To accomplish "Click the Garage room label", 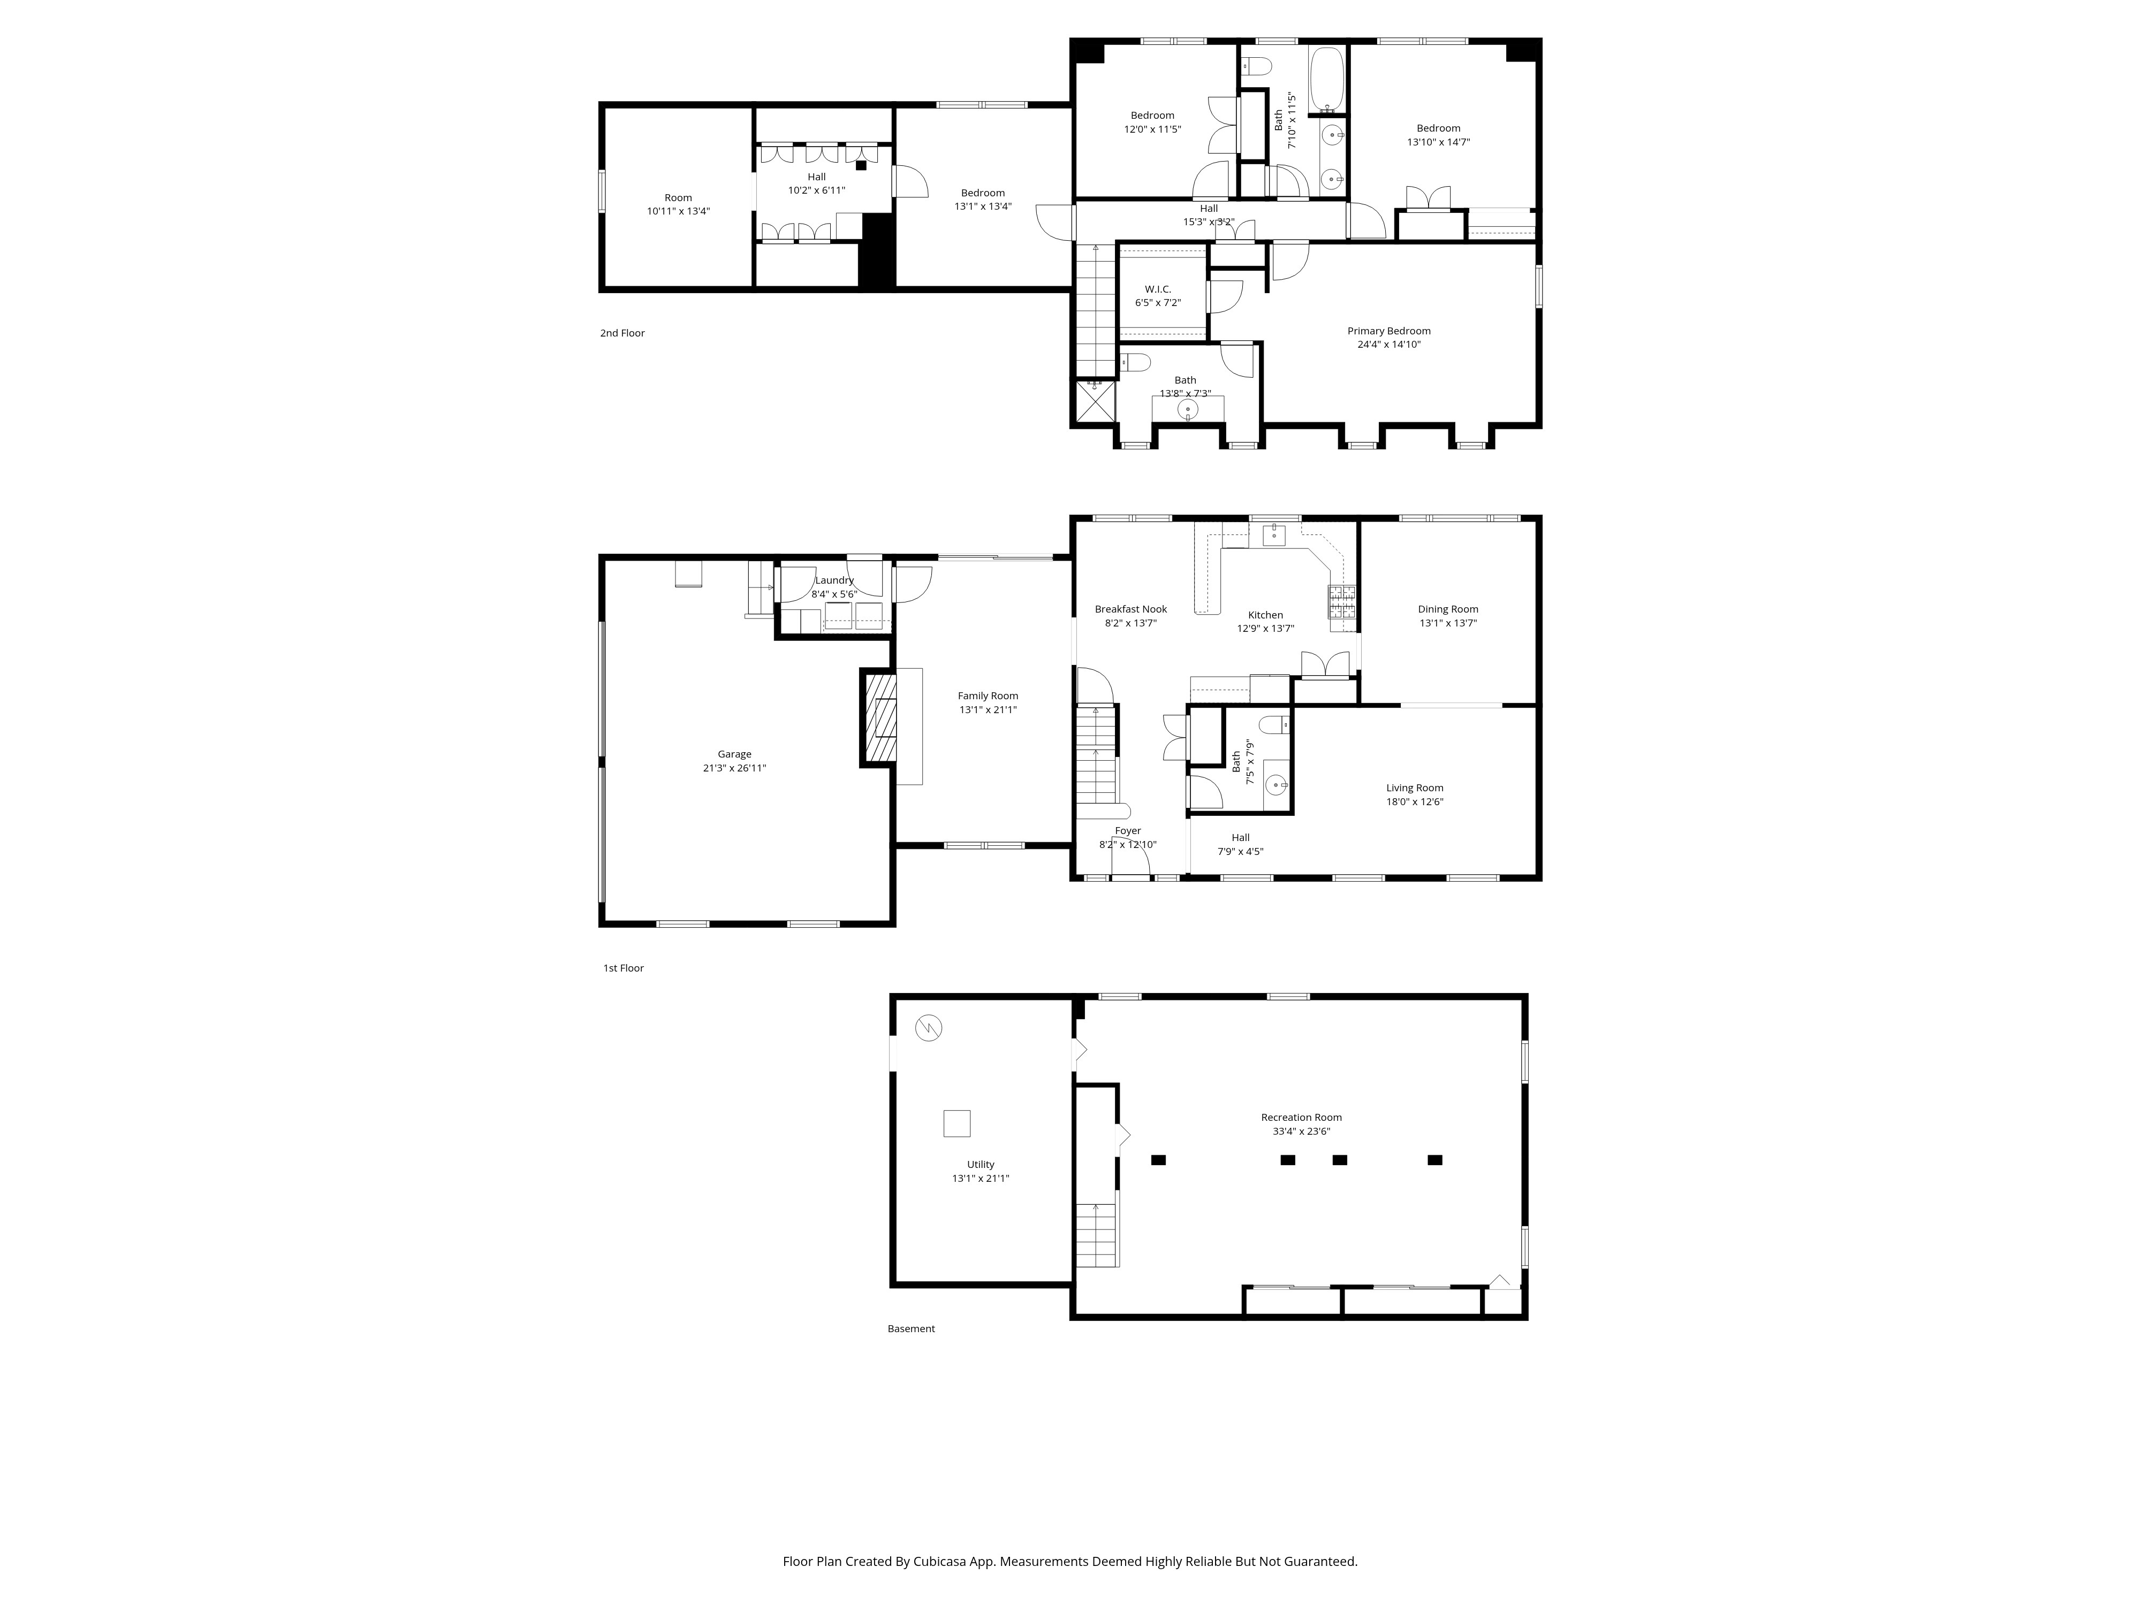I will pyautogui.click(x=734, y=754).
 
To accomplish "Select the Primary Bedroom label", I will pyautogui.click(x=1388, y=331).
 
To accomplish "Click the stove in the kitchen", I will pyautogui.click(x=1341, y=602).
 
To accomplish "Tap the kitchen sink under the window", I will pyautogui.click(x=1274, y=533).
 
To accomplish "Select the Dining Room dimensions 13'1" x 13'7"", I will pyautogui.click(x=1447, y=623).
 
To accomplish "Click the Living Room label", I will pyautogui.click(x=1414, y=788).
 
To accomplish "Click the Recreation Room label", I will pyautogui.click(x=1301, y=1118).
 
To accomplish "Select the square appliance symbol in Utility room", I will pyautogui.click(x=956, y=1123).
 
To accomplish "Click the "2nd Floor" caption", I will pyautogui.click(x=621, y=333).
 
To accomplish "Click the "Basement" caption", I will pyautogui.click(x=911, y=1328).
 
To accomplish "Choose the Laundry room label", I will pyautogui.click(x=833, y=580).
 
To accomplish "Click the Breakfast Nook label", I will pyautogui.click(x=1130, y=609).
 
